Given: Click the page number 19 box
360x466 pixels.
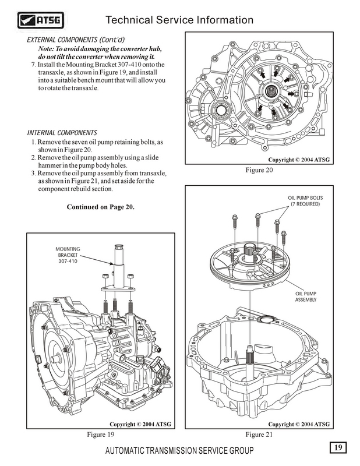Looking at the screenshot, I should (338, 447).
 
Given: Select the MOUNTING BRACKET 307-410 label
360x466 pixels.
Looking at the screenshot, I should (68, 255).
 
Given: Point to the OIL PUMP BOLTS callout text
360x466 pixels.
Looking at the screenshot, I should (304, 201).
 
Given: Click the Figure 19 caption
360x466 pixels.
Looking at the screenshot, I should (101, 434).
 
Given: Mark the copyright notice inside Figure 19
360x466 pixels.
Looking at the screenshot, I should (141, 423).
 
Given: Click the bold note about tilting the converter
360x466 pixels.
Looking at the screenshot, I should (100, 52).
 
